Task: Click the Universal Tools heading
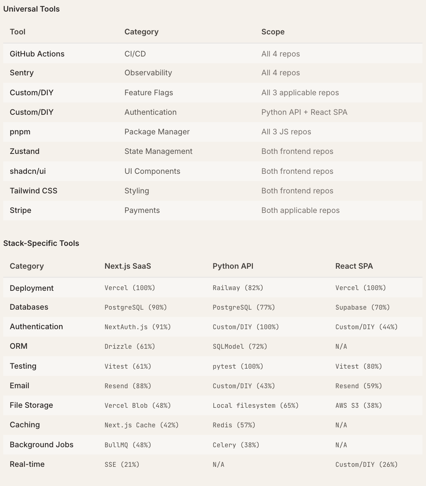[x=32, y=9]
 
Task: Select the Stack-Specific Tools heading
[x=41, y=243]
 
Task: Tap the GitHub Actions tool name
[x=37, y=54]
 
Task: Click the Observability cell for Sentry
[x=148, y=73]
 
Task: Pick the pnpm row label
[x=20, y=132]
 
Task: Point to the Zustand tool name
[x=25, y=151]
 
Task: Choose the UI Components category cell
[x=152, y=171]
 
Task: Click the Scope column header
[x=273, y=32]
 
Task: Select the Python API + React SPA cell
[x=304, y=112]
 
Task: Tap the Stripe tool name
[x=20, y=210]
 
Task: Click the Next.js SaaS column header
[x=128, y=266]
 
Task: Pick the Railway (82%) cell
[x=238, y=288]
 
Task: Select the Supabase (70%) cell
[x=362, y=307]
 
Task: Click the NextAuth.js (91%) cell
[x=137, y=327]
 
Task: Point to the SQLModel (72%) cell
[x=240, y=347]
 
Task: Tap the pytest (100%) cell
[x=238, y=366]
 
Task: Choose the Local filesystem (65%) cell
[x=255, y=406]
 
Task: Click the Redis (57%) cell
[x=234, y=425]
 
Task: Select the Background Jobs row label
[x=41, y=445]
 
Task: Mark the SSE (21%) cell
[x=122, y=465]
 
